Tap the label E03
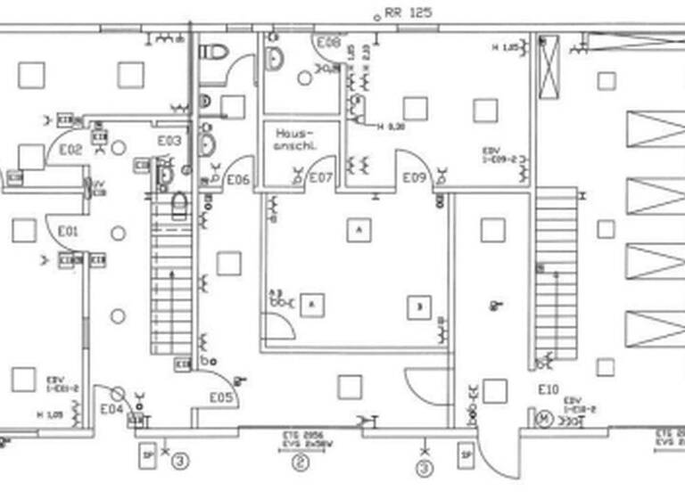(x=169, y=141)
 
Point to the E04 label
(x=111, y=409)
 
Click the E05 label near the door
(x=222, y=397)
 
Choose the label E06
(x=238, y=179)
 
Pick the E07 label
(x=320, y=178)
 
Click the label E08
(x=328, y=42)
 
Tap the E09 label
(x=414, y=178)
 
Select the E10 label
(x=548, y=389)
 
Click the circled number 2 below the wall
(x=301, y=462)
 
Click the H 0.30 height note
(x=391, y=127)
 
